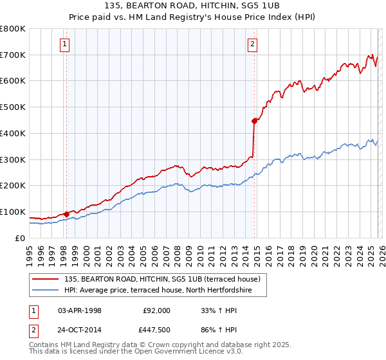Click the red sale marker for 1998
pyautogui.click(x=66, y=213)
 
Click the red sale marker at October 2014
pyautogui.click(x=254, y=120)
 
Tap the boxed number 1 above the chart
pyautogui.click(x=66, y=44)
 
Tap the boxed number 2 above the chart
pyautogui.click(x=252, y=44)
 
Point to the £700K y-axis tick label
pyautogui.click(x=13, y=55)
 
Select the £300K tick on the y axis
pyautogui.click(x=13, y=159)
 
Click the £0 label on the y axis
pyautogui.click(x=19, y=238)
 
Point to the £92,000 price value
pyautogui.click(x=156, y=310)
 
